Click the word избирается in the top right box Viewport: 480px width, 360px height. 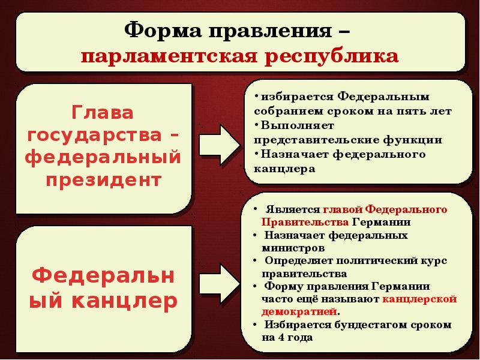coord(293,97)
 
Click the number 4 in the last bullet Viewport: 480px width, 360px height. coord(279,337)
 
